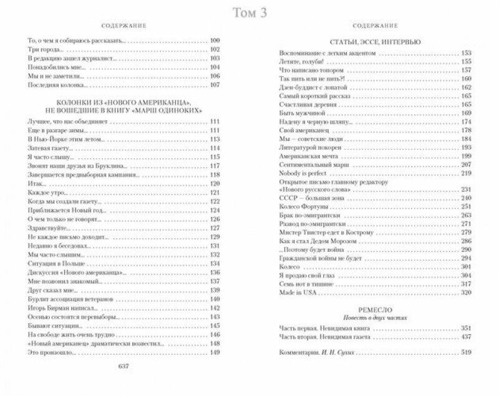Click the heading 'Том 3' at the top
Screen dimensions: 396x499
point(249,12)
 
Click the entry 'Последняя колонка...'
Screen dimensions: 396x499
point(56,84)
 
